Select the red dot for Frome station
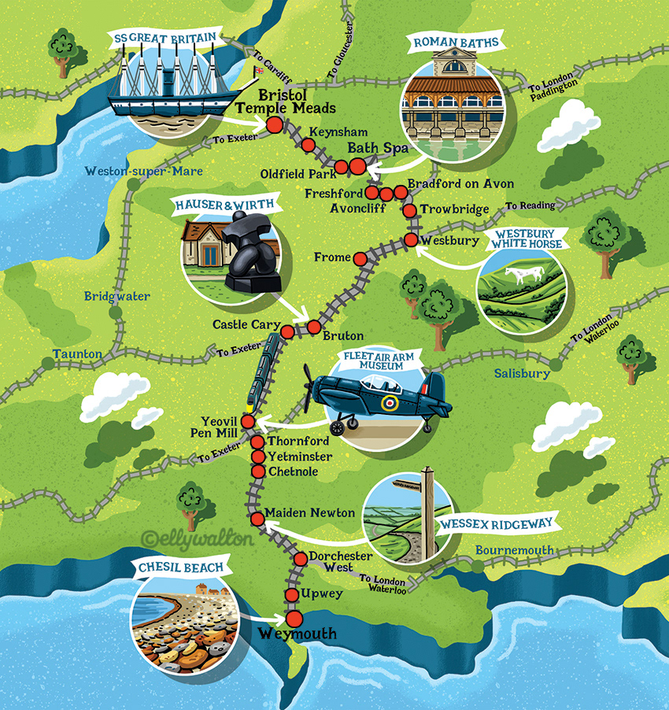click(x=360, y=258)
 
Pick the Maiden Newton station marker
click(x=257, y=518)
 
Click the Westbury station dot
click(x=411, y=239)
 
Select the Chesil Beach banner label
click(x=182, y=567)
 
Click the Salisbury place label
click(x=522, y=374)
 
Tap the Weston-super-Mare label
click(x=144, y=172)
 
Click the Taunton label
click(x=76, y=354)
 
